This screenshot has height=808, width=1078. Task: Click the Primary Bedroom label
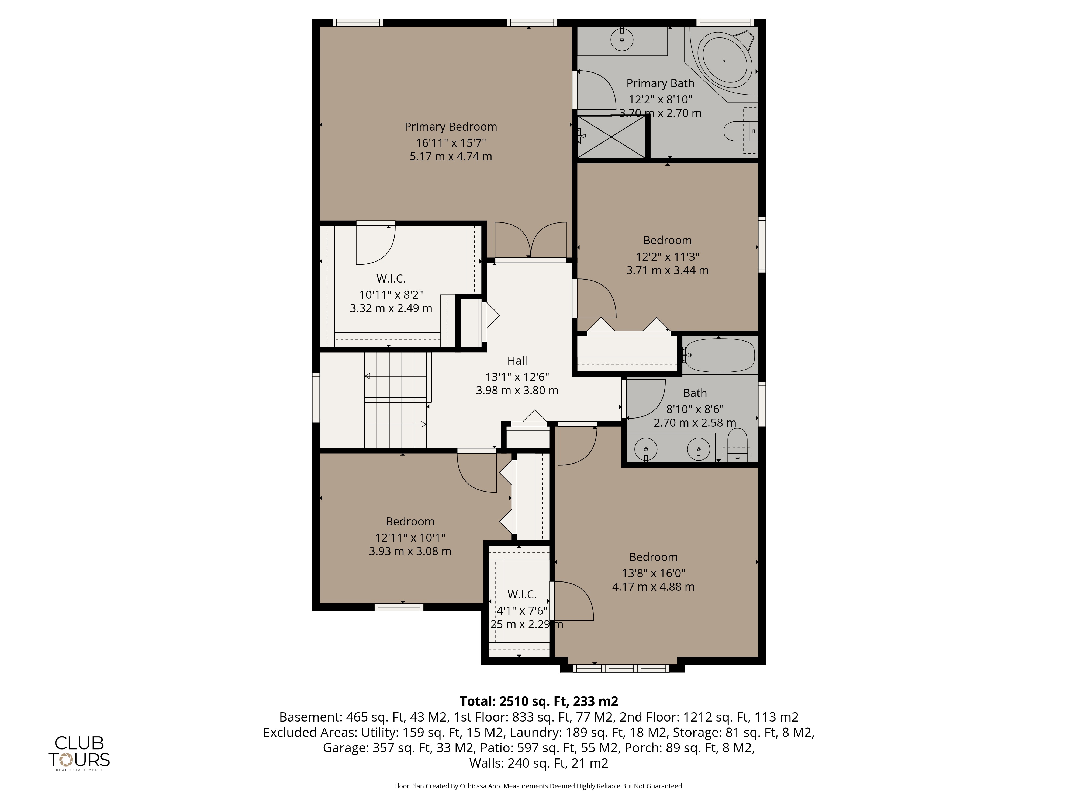[451, 127]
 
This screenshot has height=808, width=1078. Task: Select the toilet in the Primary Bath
[741, 131]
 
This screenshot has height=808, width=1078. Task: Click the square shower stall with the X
[611, 136]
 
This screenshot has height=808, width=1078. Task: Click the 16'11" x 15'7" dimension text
[451, 143]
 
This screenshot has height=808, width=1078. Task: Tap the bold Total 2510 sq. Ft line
[539, 701]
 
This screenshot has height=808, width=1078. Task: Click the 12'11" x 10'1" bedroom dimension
[410, 538]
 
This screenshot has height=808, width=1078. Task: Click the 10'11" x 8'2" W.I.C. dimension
[391, 295]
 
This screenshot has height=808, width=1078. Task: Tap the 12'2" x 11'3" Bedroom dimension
[668, 257]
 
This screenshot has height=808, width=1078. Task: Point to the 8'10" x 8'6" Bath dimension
[695, 409]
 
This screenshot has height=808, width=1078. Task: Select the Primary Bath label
[660, 84]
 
